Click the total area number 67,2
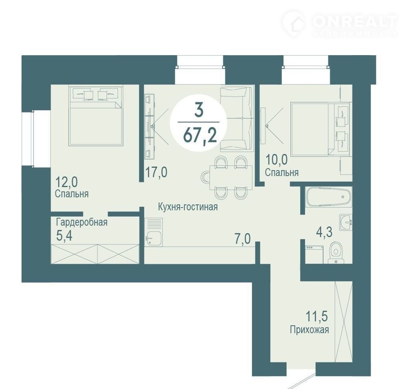point(200,136)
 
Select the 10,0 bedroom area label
point(277,159)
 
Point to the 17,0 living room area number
point(156,173)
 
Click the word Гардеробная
point(82,222)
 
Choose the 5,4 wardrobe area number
point(64,236)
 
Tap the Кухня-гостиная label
point(188,207)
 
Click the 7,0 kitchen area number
point(243,239)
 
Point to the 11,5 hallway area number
point(316,316)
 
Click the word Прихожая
point(309,330)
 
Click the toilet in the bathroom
point(336,253)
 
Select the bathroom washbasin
point(346,222)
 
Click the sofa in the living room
point(237,119)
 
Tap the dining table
point(231,177)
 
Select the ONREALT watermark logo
point(340,24)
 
